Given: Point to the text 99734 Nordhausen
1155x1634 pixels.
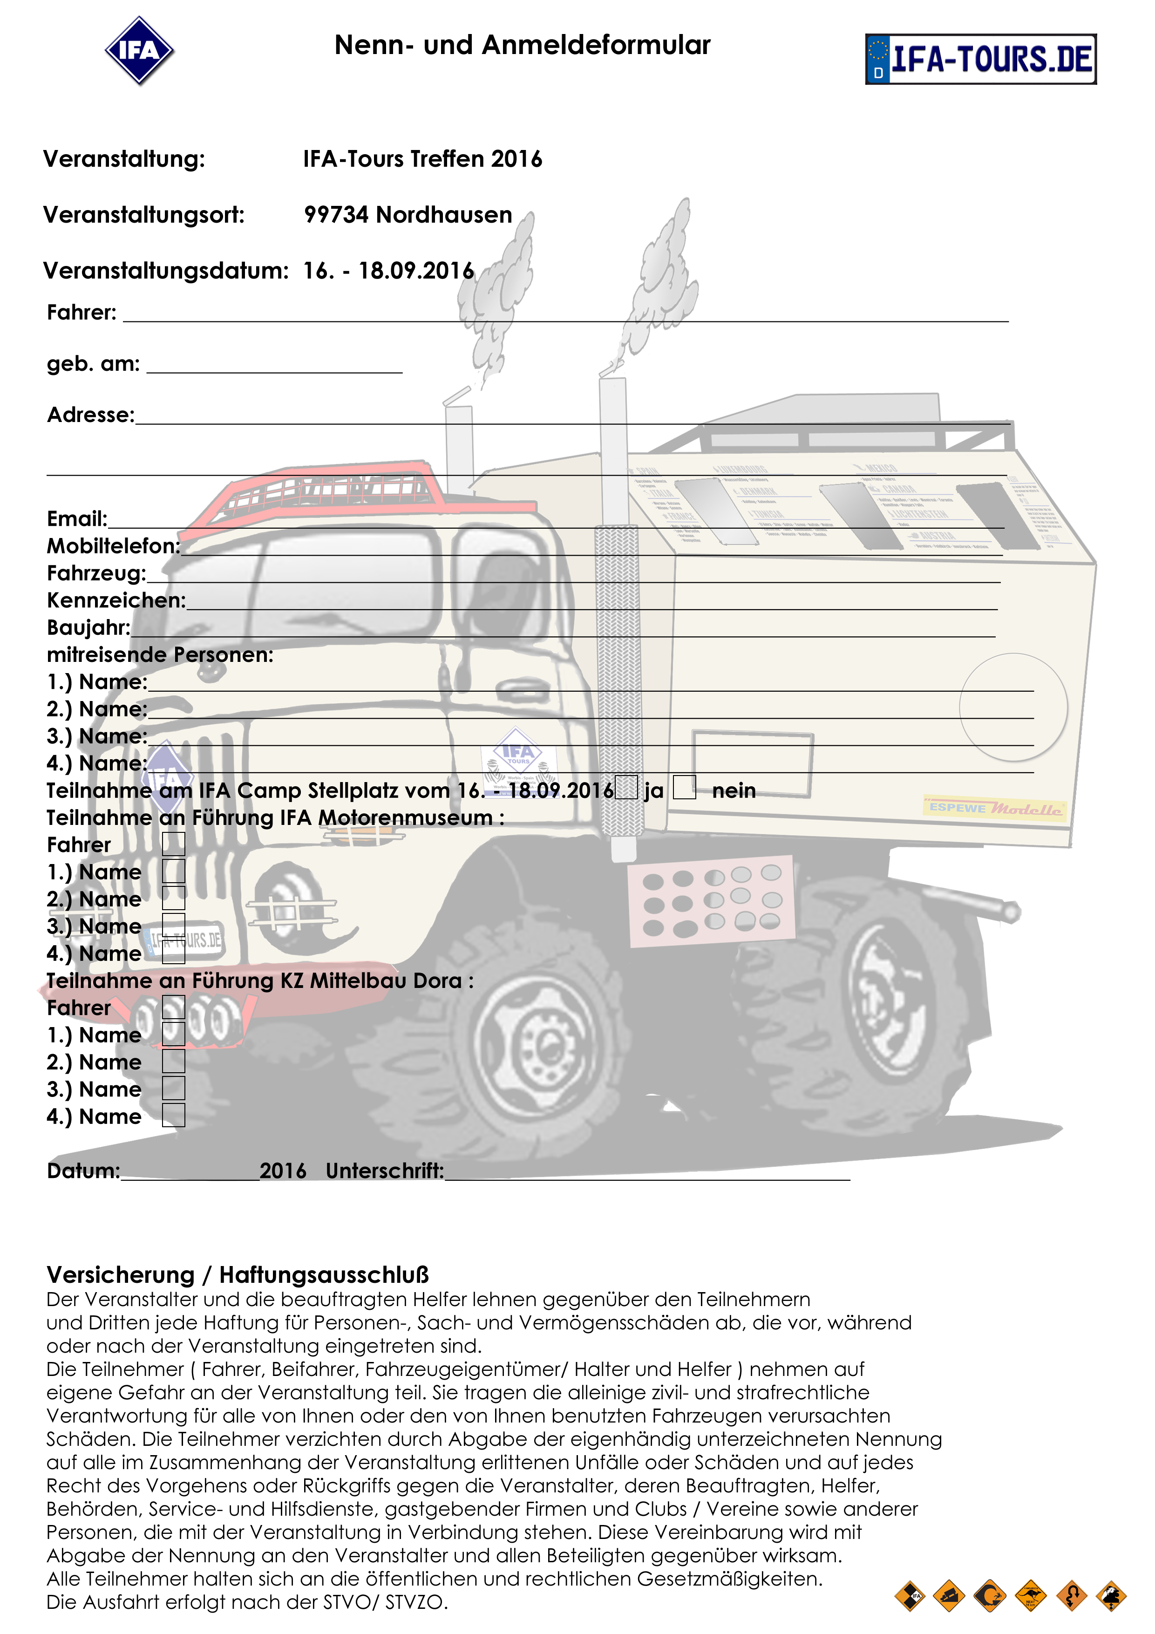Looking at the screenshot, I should (x=408, y=215).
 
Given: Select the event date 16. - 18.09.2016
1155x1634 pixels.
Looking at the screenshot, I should (x=388, y=271).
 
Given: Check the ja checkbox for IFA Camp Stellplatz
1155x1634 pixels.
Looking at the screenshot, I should (x=626, y=788).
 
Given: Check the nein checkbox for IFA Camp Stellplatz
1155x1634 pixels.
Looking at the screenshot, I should (x=685, y=787).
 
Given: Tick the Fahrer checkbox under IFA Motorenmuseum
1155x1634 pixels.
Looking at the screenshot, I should (x=174, y=844).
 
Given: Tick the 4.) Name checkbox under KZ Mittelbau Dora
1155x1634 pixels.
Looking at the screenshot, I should (x=174, y=1115).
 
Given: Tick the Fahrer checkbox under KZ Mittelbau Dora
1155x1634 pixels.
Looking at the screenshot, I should (x=174, y=1007).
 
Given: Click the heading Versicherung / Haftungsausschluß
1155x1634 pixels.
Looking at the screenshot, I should (x=238, y=1274).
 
